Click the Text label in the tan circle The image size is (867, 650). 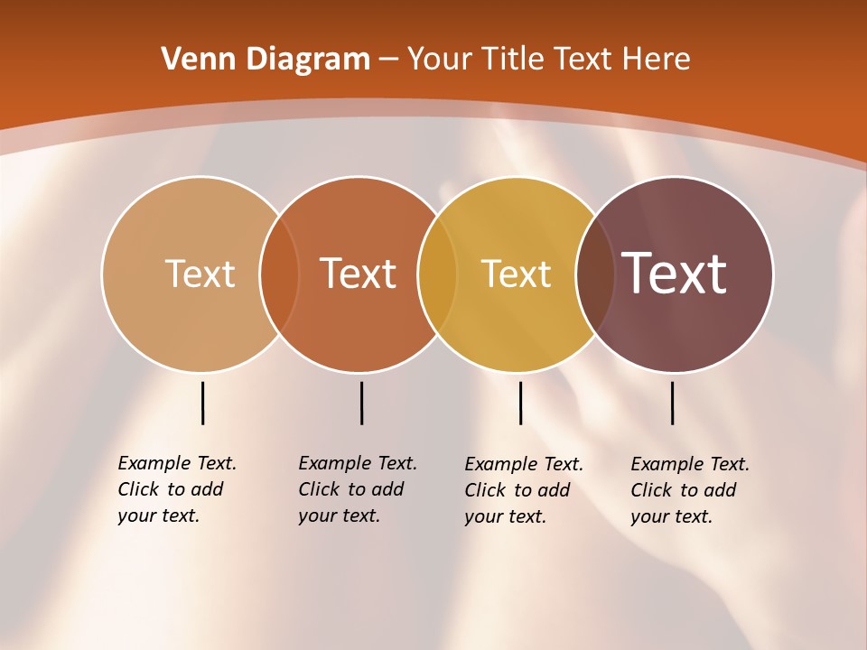(x=200, y=274)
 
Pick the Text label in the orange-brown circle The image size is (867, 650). (x=359, y=274)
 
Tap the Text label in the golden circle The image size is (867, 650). (x=516, y=274)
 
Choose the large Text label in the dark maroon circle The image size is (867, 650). (x=675, y=274)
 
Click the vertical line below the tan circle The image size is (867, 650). (x=202, y=403)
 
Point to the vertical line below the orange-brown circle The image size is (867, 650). (x=361, y=403)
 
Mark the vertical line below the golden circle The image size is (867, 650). (x=520, y=403)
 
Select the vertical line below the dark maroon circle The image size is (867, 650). (x=672, y=403)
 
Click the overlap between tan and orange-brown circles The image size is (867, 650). (x=279, y=274)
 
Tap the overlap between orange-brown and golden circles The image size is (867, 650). (x=437, y=274)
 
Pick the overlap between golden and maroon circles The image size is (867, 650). (x=595, y=274)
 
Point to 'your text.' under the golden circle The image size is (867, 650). (x=505, y=516)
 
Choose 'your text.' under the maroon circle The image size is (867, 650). (x=671, y=516)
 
